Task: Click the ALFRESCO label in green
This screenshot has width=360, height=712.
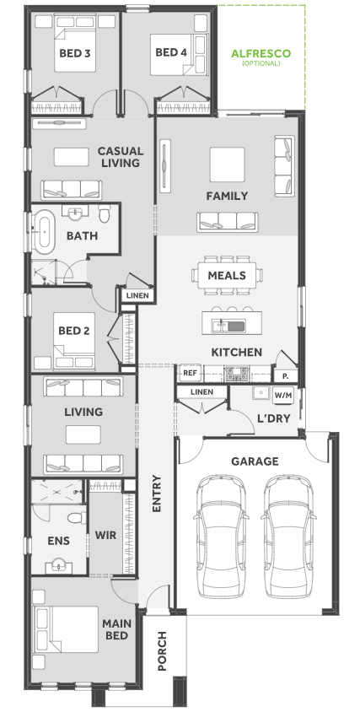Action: (x=261, y=54)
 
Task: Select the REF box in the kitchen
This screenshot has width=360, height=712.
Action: (x=190, y=374)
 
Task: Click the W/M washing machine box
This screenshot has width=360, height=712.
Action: (x=282, y=395)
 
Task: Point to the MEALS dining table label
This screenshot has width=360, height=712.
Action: (x=227, y=276)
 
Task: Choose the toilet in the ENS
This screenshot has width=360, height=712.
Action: (x=77, y=517)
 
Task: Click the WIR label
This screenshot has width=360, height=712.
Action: (x=105, y=536)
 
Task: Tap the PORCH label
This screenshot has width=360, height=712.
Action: (x=162, y=650)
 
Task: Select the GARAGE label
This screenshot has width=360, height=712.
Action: (x=255, y=461)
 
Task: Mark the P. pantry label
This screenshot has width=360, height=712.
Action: (x=286, y=376)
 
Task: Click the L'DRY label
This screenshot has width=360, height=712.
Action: (x=273, y=418)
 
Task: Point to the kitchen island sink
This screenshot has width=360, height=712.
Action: (x=229, y=325)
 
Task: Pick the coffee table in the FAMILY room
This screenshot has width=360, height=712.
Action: (x=227, y=164)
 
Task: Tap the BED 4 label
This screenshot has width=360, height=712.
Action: (x=171, y=52)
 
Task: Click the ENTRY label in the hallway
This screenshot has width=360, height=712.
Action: (x=157, y=494)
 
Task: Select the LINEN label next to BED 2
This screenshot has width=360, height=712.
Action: (x=137, y=295)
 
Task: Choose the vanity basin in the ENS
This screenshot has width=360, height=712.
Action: (x=58, y=566)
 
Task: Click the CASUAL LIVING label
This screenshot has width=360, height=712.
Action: (x=121, y=157)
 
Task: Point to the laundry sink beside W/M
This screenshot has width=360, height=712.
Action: (x=261, y=393)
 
